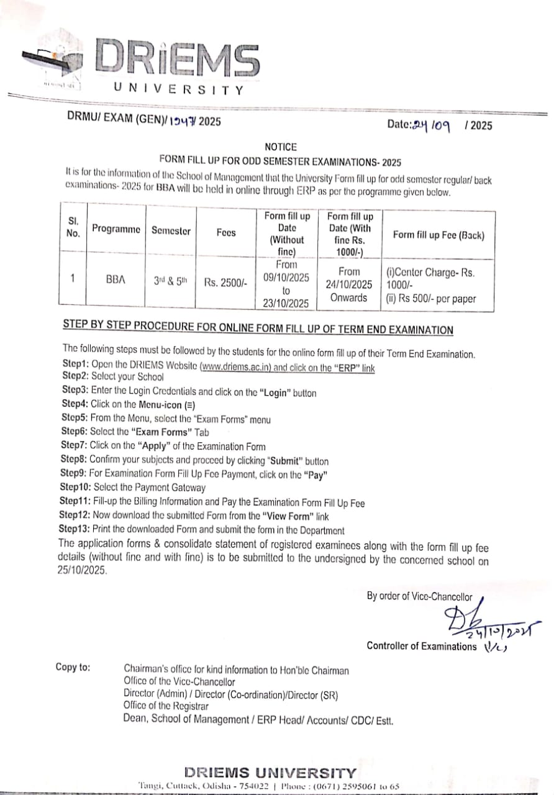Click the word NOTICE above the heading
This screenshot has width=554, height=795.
coord(281,147)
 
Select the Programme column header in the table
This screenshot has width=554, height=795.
coord(116,229)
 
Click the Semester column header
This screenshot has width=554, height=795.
coord(171,230)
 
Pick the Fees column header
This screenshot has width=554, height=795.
coord(226,233)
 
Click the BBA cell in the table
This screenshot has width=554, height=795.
coord(116,279)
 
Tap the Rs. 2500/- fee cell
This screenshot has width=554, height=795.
coord(225,283)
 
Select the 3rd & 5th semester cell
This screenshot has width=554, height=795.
coord(170,280)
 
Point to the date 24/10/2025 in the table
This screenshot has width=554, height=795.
coord(349,284)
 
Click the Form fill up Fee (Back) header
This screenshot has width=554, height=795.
coord(438,235)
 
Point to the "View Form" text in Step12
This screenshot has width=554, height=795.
coord(286,516)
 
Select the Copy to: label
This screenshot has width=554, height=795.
coord(73,667)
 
